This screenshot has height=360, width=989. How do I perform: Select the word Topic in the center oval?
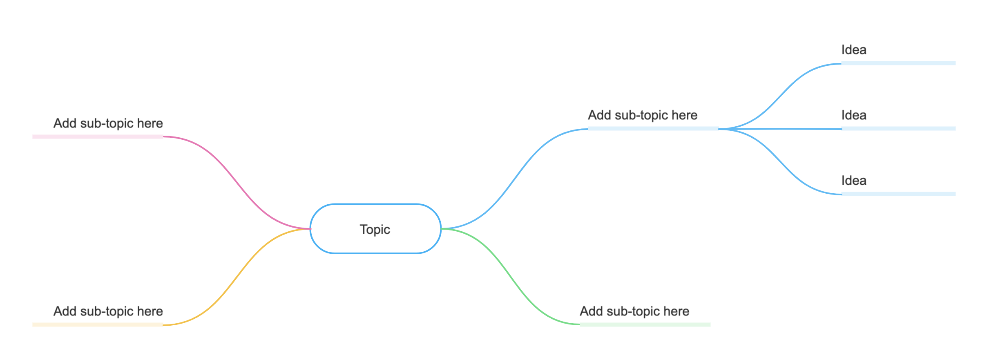pos(375,229)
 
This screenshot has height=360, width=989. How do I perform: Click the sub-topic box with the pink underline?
pos(98,122)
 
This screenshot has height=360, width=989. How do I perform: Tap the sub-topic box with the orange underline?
pos(98,310)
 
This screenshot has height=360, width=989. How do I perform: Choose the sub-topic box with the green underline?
pos(645,310)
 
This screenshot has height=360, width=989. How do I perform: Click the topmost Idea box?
pos(898,49)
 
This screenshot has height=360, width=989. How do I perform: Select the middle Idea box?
pos(898,114)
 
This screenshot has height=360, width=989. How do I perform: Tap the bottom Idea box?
pos(898,179)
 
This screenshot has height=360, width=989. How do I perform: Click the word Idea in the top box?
pos(854,50)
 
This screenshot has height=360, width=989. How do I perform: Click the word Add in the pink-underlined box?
pos(65,123)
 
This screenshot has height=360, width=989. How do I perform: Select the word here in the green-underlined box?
pos(676,311)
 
